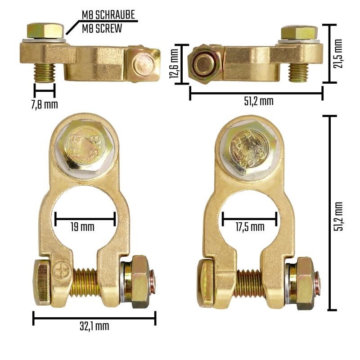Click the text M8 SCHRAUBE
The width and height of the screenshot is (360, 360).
click(x=108, y=15)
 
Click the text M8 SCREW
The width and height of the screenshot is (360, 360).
click(x=102, y=28)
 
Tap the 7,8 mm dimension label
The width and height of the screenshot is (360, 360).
click(x=44, y=105)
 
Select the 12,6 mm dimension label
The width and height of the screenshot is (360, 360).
click(x=174, y=64)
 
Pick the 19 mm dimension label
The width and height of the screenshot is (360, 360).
click(x=84, y=227)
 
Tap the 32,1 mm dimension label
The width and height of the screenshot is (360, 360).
click(x=94, y=326)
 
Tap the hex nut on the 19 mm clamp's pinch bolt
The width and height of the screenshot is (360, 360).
click(x=138, y=282)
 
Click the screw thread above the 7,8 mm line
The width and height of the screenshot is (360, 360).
click(x=44, y=71)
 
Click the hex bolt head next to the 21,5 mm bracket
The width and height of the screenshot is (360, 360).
click(x=299, y=32)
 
